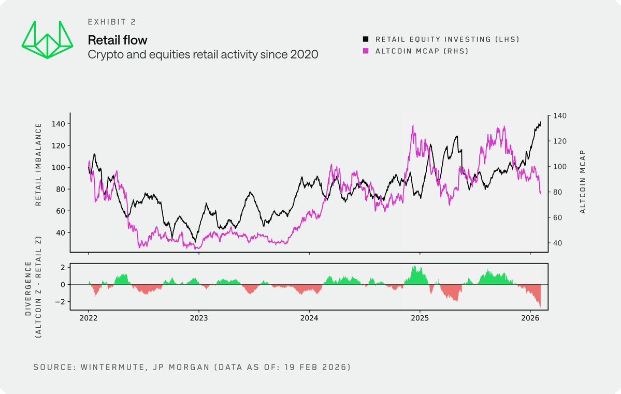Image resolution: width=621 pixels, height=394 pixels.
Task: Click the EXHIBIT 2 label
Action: (x=111, y=22)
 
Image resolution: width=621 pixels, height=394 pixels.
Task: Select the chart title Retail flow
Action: (x=118, y=40)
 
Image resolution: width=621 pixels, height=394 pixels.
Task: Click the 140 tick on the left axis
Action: (x=58, y=124)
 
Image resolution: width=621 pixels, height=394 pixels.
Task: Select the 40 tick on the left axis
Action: (x=60, y=232)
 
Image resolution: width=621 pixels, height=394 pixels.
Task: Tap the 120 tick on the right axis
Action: (x=561, y=141)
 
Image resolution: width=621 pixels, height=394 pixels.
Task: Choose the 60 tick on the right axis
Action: (x=559, y=217)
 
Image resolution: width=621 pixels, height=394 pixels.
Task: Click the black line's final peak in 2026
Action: (x=540, y=122)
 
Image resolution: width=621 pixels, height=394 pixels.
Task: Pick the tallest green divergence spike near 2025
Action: (x=413, y=267)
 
